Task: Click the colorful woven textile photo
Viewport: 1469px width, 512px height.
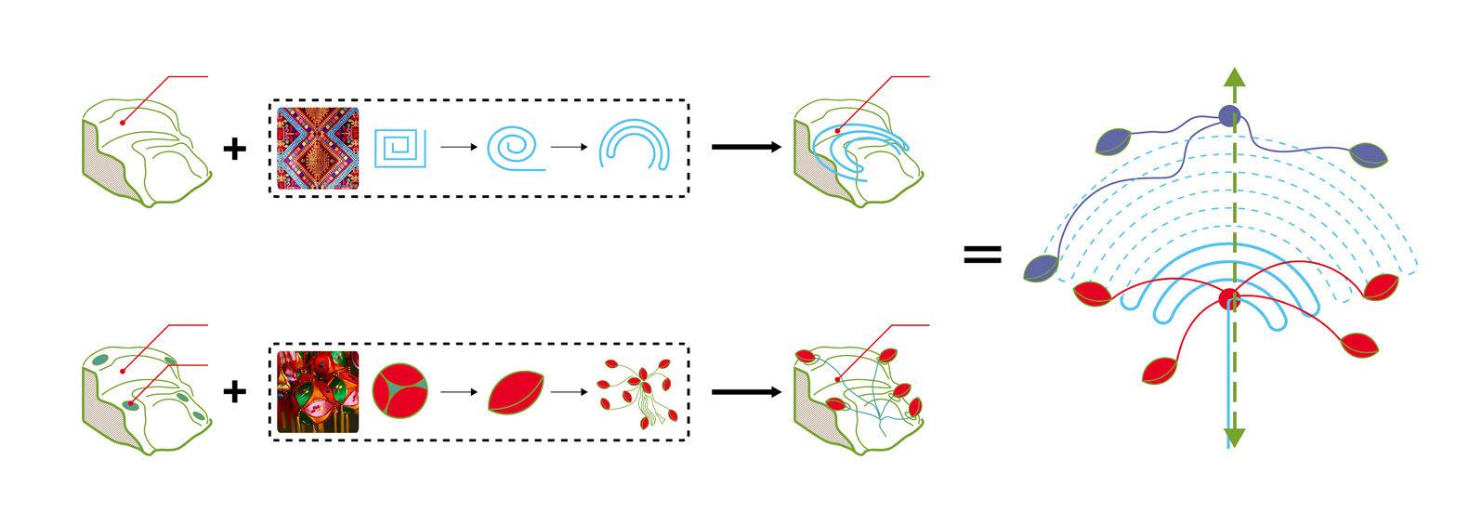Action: pyautogui.click(x=318, y=147)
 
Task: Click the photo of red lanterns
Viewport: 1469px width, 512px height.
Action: pyautogui.click(x=318, y=391)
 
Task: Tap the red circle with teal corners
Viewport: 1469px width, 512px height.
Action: pyautogui.click(x=400, y=391)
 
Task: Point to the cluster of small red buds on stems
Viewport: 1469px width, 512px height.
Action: pyautogui.click(x=635, y=392)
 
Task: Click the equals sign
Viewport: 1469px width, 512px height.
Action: pyautogui.click(x=982, y=254)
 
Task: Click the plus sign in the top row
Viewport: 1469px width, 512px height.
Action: pyautogui.click(x=235, y=147)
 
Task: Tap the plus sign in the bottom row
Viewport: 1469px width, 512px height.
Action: pyautogui.click(x=235, y=391)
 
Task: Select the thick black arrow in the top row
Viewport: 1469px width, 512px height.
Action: pyautogui.click(x=745, y=147)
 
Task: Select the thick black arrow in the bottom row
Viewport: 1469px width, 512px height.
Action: pyautogui.click(x=745, y=391)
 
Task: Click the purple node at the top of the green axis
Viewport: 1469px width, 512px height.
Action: pyautogui.click(x=1230, y=115)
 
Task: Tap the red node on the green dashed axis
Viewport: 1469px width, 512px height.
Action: pyautogui.click(x=1230, y=300)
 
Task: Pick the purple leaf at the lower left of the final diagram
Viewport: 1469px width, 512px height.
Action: pyautogui.click(x=1042, y=268)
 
